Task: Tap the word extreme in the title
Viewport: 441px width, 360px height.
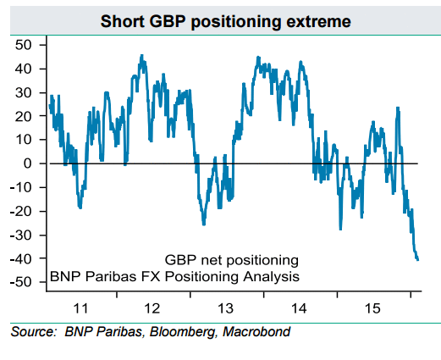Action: coord(318,22)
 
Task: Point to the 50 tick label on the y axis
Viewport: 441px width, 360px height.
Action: coord(24,45)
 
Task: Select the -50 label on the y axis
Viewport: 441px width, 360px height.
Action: coord(20,282)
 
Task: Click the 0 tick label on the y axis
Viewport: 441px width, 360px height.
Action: coord(27,163)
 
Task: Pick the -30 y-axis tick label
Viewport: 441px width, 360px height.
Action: coord(20,235)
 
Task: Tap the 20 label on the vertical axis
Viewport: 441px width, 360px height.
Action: coord(24,116)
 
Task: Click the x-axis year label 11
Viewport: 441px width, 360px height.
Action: coord(80,308)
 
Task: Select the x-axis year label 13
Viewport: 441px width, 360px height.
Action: coord(226,308)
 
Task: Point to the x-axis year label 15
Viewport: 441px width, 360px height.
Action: coord(372,308)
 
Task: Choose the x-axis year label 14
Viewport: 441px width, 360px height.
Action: coord(299,308)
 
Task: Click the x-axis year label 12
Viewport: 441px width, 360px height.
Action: coord(152,308)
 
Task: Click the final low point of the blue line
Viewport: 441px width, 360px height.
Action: coord(417,260)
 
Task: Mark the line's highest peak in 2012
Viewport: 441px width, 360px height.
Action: coord(141,55)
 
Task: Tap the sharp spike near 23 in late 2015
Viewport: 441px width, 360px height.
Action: coord(398,108)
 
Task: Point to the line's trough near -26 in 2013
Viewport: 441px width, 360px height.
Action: coord(204,224)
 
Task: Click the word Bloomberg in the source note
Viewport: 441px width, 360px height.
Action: coord(182,332)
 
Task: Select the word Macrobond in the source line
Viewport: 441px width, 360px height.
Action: coord(256,332)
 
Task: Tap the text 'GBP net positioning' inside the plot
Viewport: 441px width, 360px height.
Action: coord(232,260)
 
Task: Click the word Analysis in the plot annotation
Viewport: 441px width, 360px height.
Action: coord(272,276)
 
